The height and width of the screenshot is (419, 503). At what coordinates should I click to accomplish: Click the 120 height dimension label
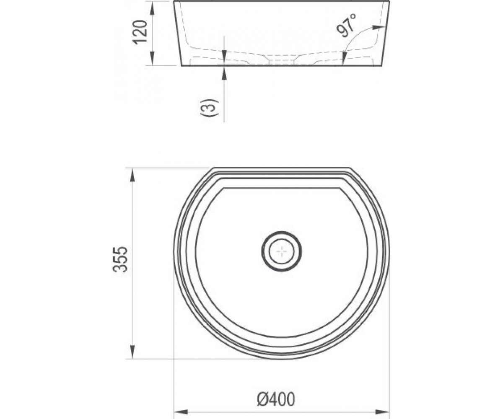coord(140,32)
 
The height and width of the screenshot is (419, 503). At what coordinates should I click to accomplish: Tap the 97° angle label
coord(347,26)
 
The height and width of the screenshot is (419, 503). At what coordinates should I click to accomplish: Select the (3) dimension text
coord(209,107)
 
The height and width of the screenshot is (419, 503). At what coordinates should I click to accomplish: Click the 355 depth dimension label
coord(120,259)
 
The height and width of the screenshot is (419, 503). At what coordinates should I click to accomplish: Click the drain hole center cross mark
coord(281,251)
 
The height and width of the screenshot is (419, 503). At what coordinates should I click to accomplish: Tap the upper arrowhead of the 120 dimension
coord(152,9)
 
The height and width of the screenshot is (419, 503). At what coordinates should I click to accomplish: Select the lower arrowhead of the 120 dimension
coord(152,59)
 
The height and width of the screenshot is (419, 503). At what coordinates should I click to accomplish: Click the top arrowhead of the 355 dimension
coord(132,175)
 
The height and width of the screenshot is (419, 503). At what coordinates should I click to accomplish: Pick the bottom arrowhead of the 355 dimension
coord(132,352)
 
